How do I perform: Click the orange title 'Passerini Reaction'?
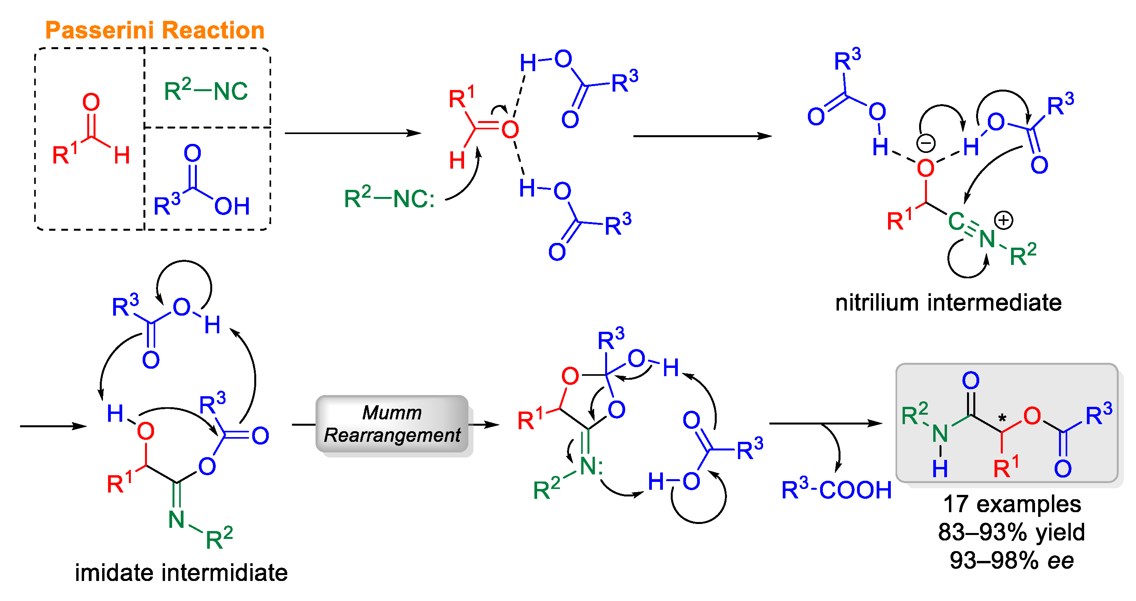(x=154, y=30)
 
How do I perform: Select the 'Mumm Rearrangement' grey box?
(x=392, y=424)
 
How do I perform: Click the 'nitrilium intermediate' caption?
(x=948, y=303)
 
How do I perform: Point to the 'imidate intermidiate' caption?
(x=181, y=572)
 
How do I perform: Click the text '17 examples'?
(x=1012, y=504)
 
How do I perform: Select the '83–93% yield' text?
(x=1011, y=532)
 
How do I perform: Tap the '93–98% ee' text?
(x=1011, y=560)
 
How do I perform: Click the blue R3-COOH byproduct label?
(x=836, y=490)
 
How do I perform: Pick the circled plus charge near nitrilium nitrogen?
(x=1004, y=220)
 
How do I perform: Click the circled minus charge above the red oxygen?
(x=926, y=143)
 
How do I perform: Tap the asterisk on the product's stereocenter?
(x=1002, y=417)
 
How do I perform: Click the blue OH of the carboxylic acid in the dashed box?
(x=232, y=206)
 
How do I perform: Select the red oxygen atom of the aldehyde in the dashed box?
(x=91, y=102)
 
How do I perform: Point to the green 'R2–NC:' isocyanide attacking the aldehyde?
(x=389, y=198)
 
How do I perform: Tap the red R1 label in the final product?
(x=1006, y=468)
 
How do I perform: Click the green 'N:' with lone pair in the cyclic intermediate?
(x=591, y=466)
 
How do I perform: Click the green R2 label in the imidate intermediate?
(x=219, y=538)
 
